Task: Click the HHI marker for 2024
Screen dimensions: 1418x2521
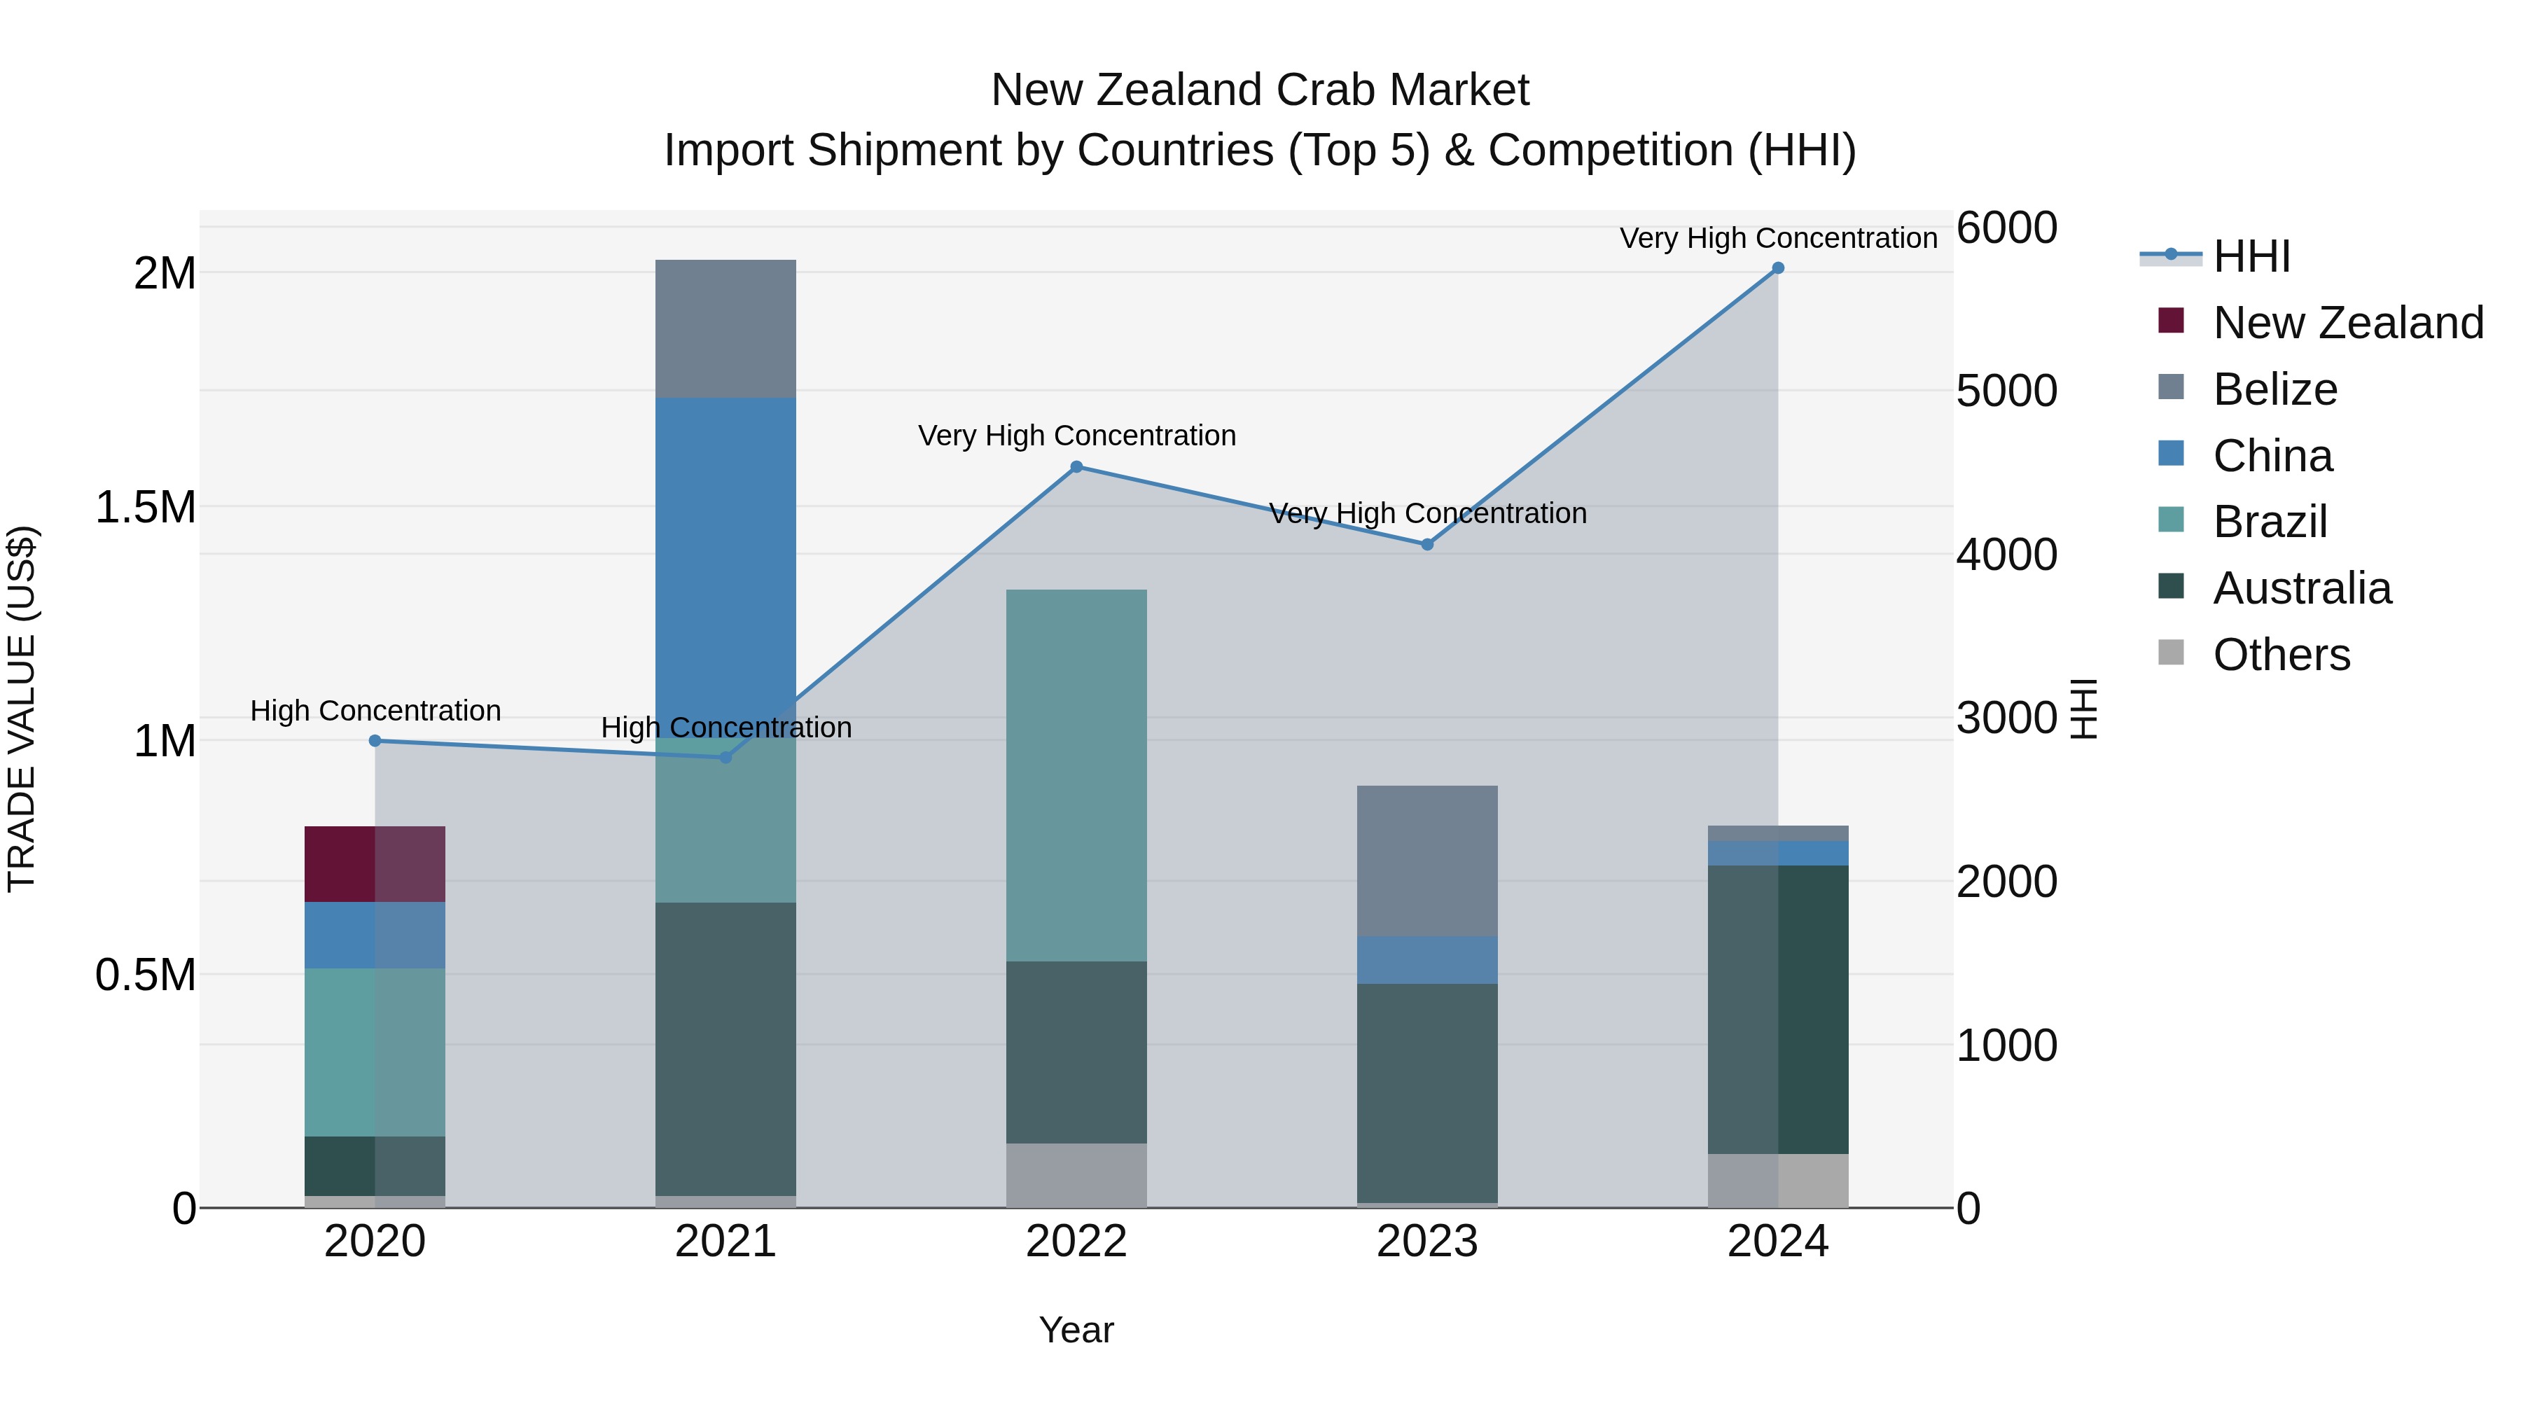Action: [x=1777, y=268]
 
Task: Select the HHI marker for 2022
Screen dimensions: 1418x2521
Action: [x=1076, y=467]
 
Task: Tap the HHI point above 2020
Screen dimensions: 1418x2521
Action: [x=375, y=741]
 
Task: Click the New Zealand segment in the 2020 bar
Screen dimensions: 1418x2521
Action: [x=375, y=864]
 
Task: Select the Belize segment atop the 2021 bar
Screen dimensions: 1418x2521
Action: [x=725, y=329]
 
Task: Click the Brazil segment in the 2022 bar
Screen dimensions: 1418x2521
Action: [x=1076, y=775]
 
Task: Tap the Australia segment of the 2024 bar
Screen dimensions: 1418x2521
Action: [x=1777, y=1009]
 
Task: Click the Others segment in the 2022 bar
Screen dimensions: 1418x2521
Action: [x=1076, y=1174]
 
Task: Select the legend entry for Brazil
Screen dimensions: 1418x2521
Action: [x=2270, y=522]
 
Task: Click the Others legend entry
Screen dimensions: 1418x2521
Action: [x=2280, y=655]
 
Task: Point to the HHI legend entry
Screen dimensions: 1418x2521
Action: [x=2251, y=256]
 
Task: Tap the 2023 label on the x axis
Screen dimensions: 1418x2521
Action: [x=1427, y=1242]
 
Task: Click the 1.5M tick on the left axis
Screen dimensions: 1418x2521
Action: [x=146, y=507]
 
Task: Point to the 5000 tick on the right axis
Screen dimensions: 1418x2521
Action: [x=2006, y=391]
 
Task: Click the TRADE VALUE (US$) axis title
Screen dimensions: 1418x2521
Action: [x=22, y=709]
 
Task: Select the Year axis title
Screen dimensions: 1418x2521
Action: [x=1076, y=1330]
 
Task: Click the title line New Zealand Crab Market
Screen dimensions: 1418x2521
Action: [x=1260, y=90]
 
